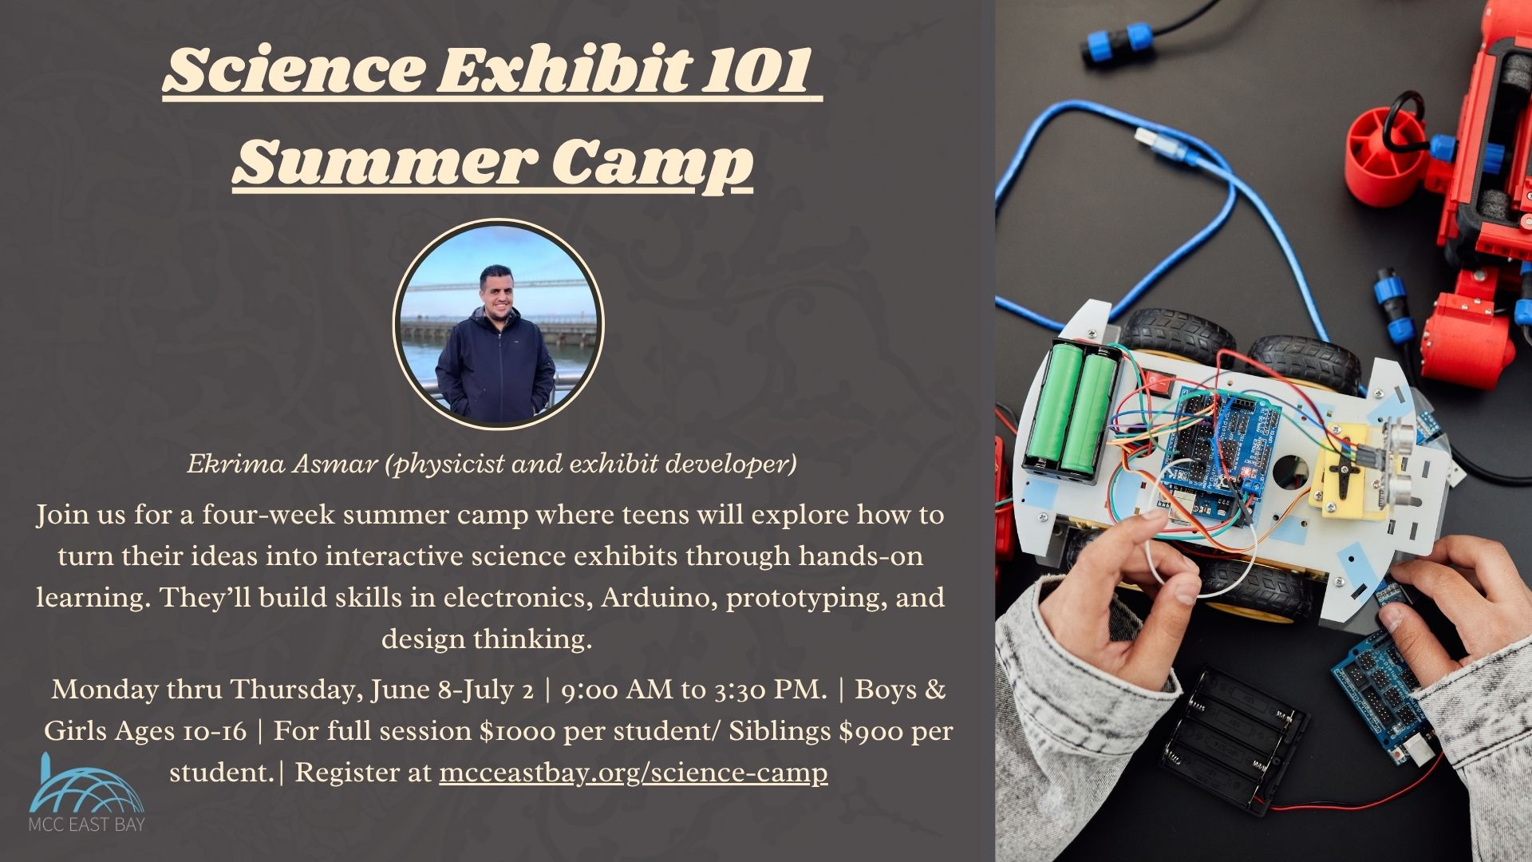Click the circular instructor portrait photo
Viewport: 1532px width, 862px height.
tap(498, 323)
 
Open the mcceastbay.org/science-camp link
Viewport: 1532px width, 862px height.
tap(634, 773)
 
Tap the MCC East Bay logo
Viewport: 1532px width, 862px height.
tap(86, 792)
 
